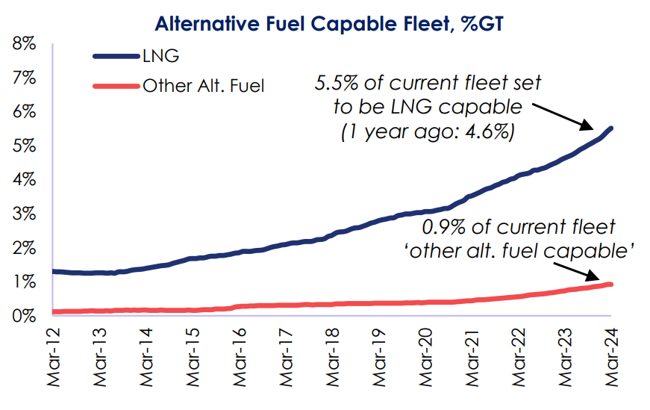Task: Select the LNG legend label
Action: point(160,55)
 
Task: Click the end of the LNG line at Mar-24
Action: point(612,128)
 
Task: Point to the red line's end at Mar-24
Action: point(612,285)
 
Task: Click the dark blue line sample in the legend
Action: point(115,56)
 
